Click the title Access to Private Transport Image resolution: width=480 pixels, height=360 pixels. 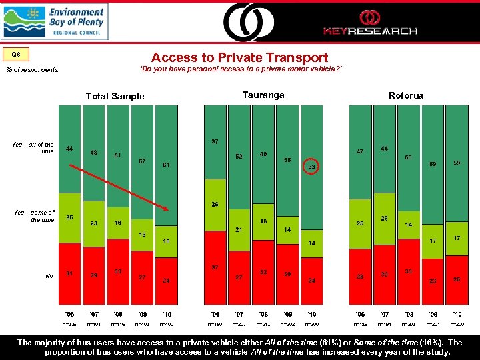click(x=239, y=58)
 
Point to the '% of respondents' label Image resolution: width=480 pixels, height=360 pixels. click(x=32, y=70)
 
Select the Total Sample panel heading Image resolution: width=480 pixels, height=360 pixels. click(x=115, y=96)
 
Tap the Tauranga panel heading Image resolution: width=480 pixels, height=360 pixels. click(x=263, y=95)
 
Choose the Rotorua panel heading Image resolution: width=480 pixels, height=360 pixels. click(x=406, y=95)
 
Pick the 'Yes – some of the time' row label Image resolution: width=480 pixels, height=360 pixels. click(x=34, y=216)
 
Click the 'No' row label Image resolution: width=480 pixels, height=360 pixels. click(x=49, y=275)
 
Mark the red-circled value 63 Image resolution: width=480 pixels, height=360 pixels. click(x=311, y=166)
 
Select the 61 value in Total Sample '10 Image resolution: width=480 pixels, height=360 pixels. click(x=165, y=165)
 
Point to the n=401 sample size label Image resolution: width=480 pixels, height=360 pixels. click(x=94, y=324)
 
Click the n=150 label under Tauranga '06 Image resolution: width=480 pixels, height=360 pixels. click(x=215, y=324)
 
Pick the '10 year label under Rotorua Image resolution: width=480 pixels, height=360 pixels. click(x=457, y=313)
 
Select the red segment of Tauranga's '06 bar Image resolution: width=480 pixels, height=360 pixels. click(x=215, y=267)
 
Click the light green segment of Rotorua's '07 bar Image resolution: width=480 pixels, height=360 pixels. click(x=385, y=221)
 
